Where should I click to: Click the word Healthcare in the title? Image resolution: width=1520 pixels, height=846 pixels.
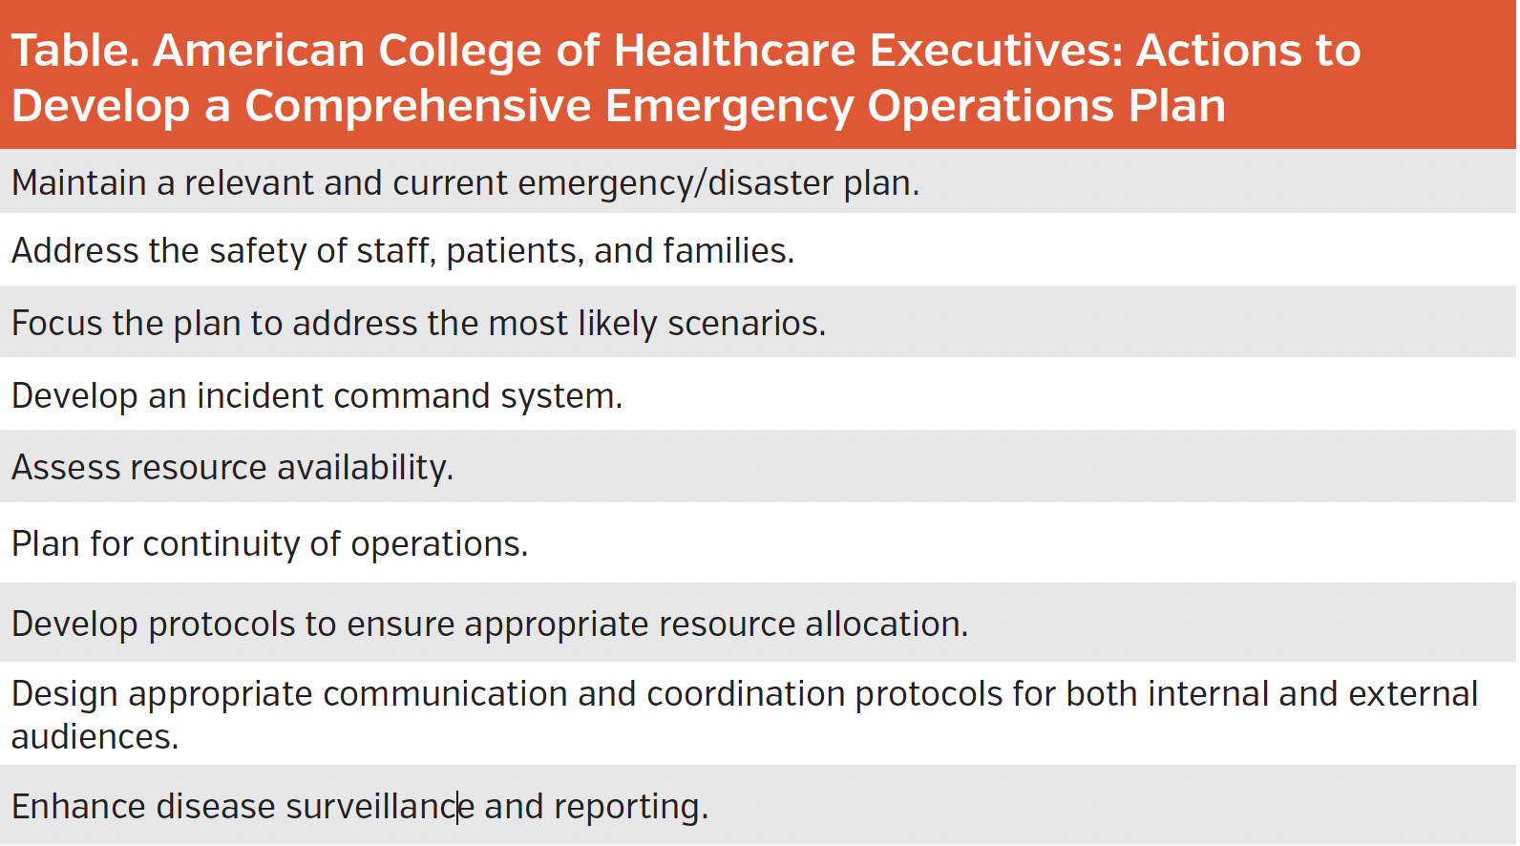[x=733, y=51]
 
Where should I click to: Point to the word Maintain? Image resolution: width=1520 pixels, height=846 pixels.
[x=79, y=182]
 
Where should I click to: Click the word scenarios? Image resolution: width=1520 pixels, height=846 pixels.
[x=746, y=324]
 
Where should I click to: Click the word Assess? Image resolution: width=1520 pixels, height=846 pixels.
[x=66, y=468]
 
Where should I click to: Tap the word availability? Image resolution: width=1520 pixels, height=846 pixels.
[x=365, y=468]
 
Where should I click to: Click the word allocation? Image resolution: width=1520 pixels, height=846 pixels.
[x=886, y=624]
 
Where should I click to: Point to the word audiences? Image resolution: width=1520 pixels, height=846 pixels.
[x=95, y=737]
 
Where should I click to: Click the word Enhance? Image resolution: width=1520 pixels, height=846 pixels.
[x=78, y=807]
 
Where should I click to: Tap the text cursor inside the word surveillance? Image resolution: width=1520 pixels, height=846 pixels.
[x=458, y=807]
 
